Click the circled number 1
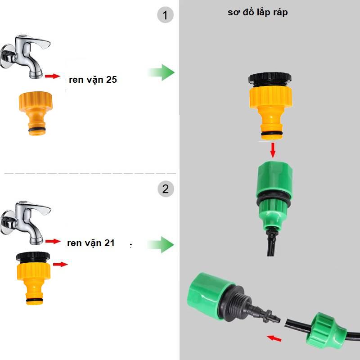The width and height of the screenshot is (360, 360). pos(165,16)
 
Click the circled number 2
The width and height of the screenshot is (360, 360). pos(165,189)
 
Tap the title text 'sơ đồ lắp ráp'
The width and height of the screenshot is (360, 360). pos(257,12)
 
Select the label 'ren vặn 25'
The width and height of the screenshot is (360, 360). pos(93,80)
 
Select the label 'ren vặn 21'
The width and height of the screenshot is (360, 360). pos(91,243)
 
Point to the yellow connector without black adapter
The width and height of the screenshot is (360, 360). pos(36,112)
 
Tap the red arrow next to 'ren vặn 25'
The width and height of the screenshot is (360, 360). pos(52,76)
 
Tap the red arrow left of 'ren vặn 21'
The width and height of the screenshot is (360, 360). pos(53,241)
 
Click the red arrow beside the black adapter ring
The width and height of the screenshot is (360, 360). pos(60,264)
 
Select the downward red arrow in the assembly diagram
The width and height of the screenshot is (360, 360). pos(273,150)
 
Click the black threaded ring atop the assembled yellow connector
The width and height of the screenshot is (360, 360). pos(270,78)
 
